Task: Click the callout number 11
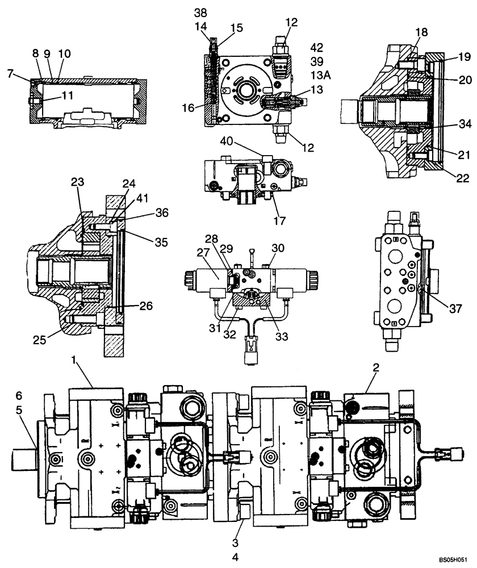point(68,96)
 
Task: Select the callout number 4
point(235,557)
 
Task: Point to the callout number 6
point(19,395)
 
